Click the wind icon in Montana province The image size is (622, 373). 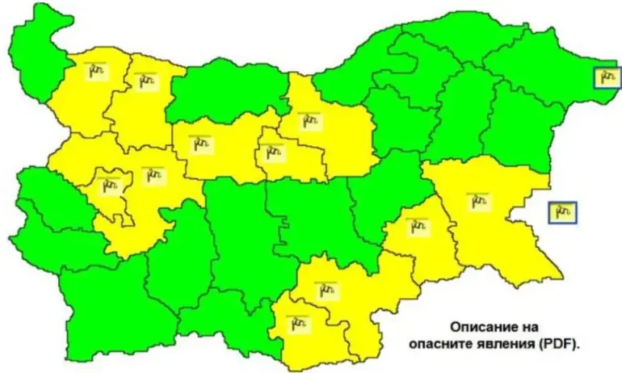click(97, 70)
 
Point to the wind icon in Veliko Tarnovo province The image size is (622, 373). click(309, 121)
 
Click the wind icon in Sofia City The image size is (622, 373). click(108, 185)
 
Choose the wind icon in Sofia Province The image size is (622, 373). click(152, 175)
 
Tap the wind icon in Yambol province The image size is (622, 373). click(417, 227)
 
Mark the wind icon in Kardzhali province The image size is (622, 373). click(300, 324)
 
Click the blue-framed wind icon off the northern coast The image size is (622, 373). click(607, 78)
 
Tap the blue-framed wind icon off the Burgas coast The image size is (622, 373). click(562, 212)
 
